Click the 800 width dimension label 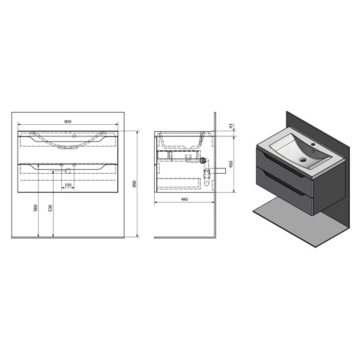point(67,122)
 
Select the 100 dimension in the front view point(68,185)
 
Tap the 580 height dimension point(36,208)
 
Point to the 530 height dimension point(51,208)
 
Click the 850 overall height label point(135,184)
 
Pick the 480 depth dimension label point(184,199)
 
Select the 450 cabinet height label point(231,164)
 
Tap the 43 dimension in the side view point(231,126)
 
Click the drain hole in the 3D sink point(303,160)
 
